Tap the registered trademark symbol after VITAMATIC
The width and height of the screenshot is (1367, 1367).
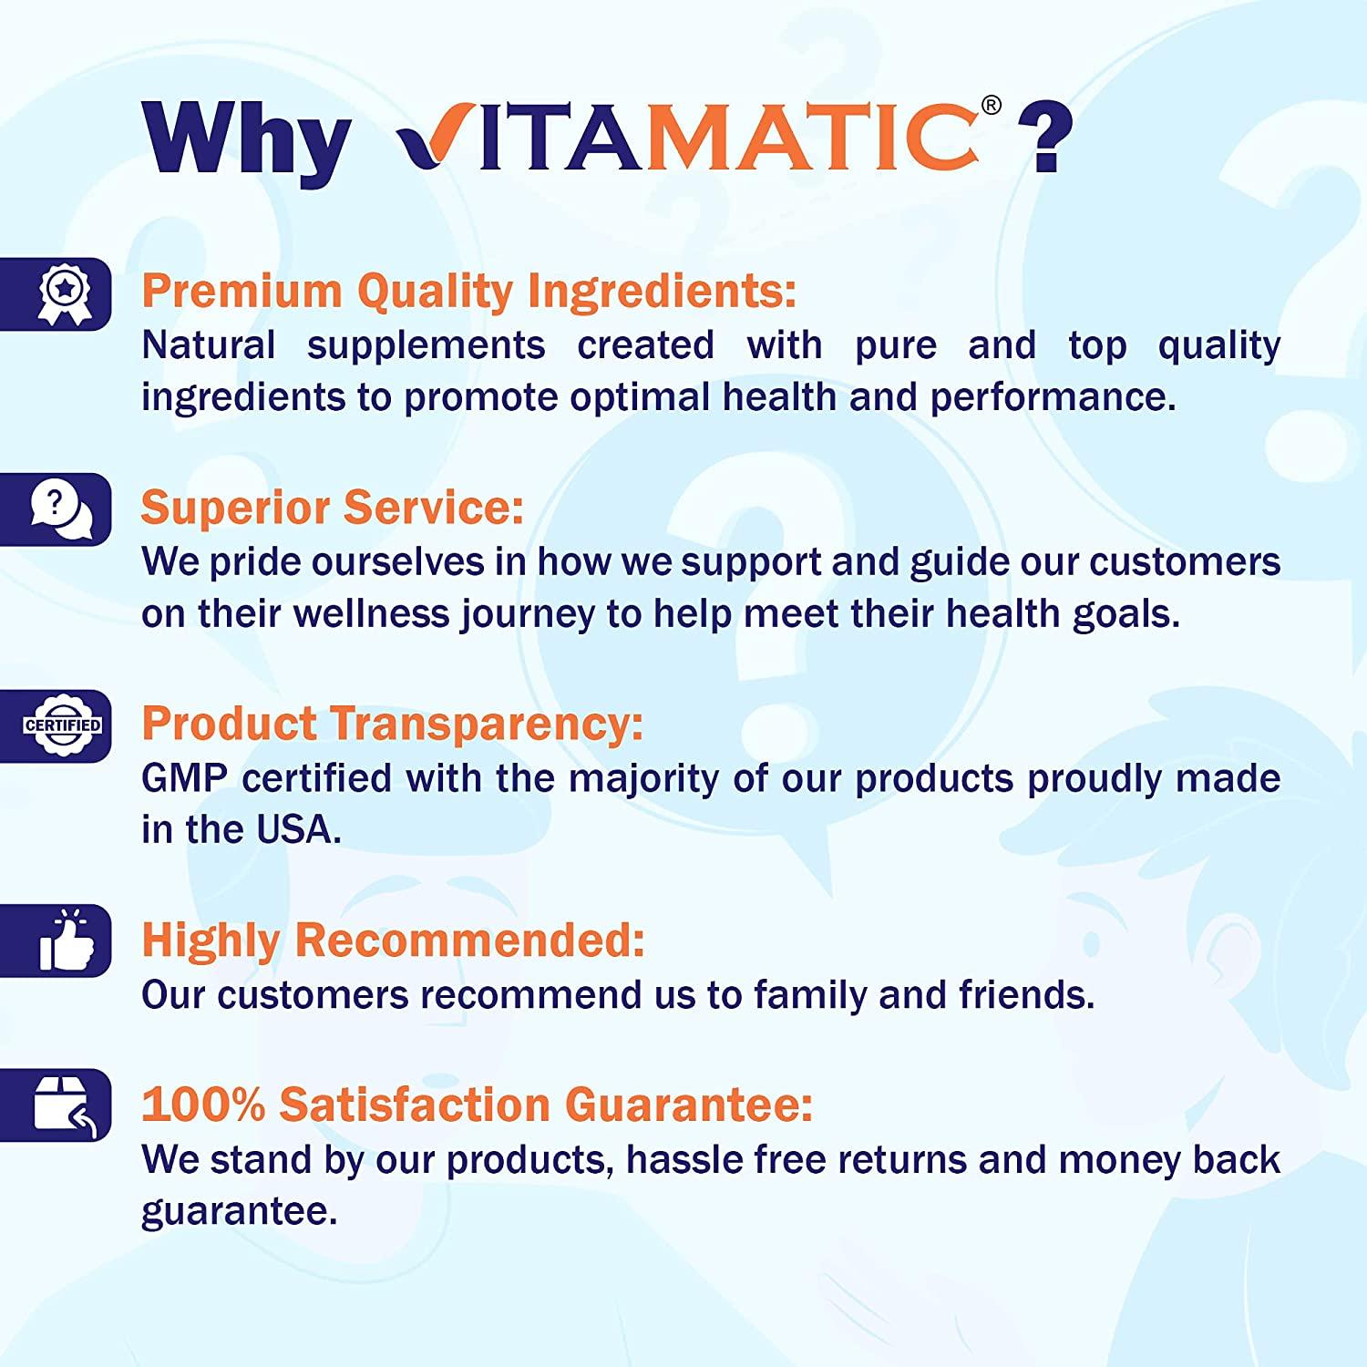click(x=991, y=107)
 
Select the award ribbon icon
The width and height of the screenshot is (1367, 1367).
click(x=64, y=294)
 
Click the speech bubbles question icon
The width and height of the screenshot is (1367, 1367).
click(x=61, y=509)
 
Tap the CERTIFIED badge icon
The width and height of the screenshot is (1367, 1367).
click(x=62, y=725)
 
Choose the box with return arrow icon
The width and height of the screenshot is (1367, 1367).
click(x=64, y=1105)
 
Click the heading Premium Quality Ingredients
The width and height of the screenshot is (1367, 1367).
click(x=468, y=292)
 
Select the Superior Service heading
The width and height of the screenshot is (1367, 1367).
click(x=332, y=508)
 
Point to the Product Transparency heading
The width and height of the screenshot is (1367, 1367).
click(x=392, y=724)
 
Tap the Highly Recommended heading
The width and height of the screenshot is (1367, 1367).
click(x=393, y=940)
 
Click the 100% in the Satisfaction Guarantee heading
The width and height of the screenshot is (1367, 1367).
click(x=203, y=1105)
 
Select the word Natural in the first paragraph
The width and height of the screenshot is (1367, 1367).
click(x=208, y=345)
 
